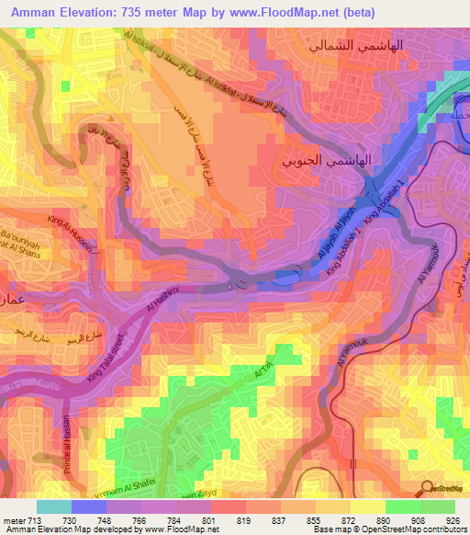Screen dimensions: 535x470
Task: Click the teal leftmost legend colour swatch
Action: tap(53, 507)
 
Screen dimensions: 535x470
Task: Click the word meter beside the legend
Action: tap(12, 519)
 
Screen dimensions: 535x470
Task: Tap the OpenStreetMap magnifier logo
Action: tap(427, 487)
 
